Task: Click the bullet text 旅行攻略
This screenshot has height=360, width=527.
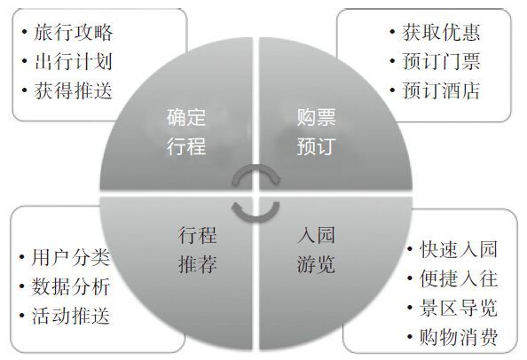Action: click(74, 33)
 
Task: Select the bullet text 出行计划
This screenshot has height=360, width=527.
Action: click(74, 62)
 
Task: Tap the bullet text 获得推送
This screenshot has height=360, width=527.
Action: click(74, 90)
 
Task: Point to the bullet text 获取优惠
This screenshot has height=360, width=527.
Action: click(441, 33)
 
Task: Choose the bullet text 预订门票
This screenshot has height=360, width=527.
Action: click(441, 62)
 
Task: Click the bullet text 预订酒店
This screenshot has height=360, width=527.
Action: click(441, 90)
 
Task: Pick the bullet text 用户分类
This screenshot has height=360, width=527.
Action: click(71, 258)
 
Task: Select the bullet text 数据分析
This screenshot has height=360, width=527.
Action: click(71, 287)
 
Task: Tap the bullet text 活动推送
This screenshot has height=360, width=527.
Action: click(71, 316)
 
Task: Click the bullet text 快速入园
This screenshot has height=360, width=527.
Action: click(459, 250)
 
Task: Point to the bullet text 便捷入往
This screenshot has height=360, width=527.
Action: click(459, 278)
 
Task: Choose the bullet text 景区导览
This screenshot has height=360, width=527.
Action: click(459, 308)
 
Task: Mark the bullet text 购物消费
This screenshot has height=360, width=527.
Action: click(459, 337)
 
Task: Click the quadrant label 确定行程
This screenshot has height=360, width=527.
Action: click(186, 131)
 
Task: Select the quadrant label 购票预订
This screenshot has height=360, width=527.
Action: click(316, 131)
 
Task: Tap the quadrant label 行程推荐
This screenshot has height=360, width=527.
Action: click(198, 249)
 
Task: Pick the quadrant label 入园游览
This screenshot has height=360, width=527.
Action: click(316, 249)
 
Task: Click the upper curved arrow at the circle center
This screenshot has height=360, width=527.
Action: click(256, 168)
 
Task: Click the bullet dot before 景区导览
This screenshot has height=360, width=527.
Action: click(410, 308)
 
